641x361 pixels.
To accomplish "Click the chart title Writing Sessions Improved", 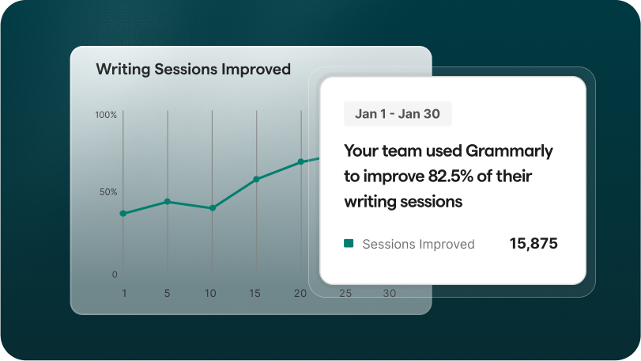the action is (194, 69).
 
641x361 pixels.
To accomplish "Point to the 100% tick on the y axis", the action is (106, 115).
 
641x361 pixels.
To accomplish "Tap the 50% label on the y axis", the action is (108, 192).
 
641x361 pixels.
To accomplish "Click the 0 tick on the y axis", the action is (115, 275).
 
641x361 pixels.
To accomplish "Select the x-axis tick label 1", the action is (124, 293).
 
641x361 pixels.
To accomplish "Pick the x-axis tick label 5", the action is (168, 293).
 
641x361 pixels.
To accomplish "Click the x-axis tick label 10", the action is (210, 293).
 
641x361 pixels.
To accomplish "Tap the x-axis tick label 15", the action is (255, 293).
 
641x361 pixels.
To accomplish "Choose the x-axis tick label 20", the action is (300, 293).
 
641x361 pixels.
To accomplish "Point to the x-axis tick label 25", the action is (345, 293).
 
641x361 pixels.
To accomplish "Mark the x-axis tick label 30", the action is (390, 293).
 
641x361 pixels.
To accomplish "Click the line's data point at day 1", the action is (123, 214).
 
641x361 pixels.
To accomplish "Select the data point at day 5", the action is (168, 202).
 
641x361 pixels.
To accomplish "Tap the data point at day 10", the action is (212, 208).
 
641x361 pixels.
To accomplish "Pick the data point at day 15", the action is (256, 179).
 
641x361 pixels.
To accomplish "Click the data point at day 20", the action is (301, 162).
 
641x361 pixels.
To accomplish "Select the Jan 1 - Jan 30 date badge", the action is (398, 114).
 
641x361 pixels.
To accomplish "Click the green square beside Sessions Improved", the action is (349, 244).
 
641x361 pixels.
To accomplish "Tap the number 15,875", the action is (534, 244).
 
